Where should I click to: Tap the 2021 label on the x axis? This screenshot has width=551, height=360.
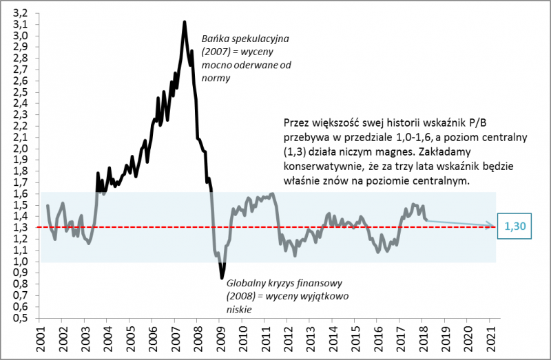[x=490, y=338]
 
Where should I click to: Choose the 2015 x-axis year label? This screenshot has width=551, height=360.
[x=355, y=338]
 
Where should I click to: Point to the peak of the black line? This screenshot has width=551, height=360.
[x=184, y=22]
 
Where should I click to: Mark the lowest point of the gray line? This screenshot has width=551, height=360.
[x=222, y=278]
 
